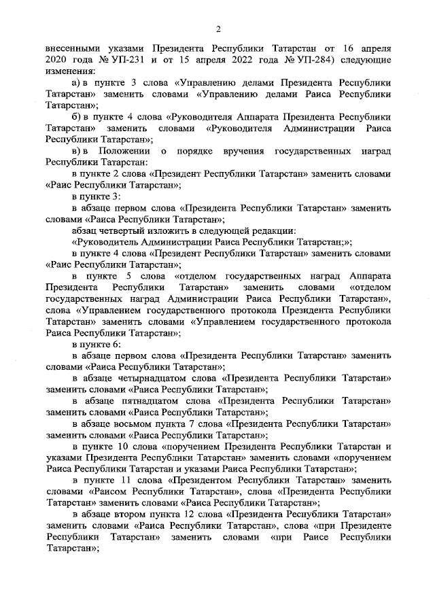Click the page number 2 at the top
pos(218,29)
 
